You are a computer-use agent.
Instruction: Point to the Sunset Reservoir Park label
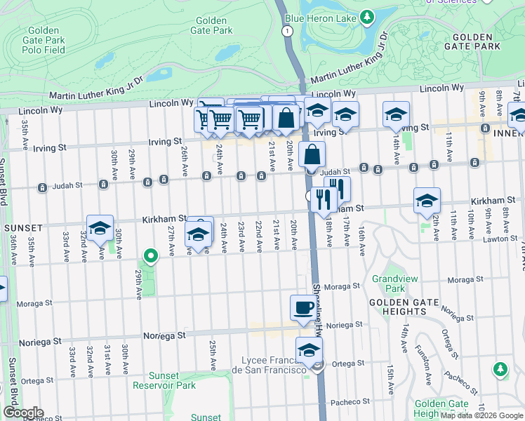(x=166, y=380)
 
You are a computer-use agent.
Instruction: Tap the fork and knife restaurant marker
(x=324, y=199)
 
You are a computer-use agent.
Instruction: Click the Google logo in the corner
(x=23, y=413)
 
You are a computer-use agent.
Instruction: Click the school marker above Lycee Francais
(x=308, y=349)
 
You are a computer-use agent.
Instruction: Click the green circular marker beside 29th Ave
(x=149, y=255)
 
